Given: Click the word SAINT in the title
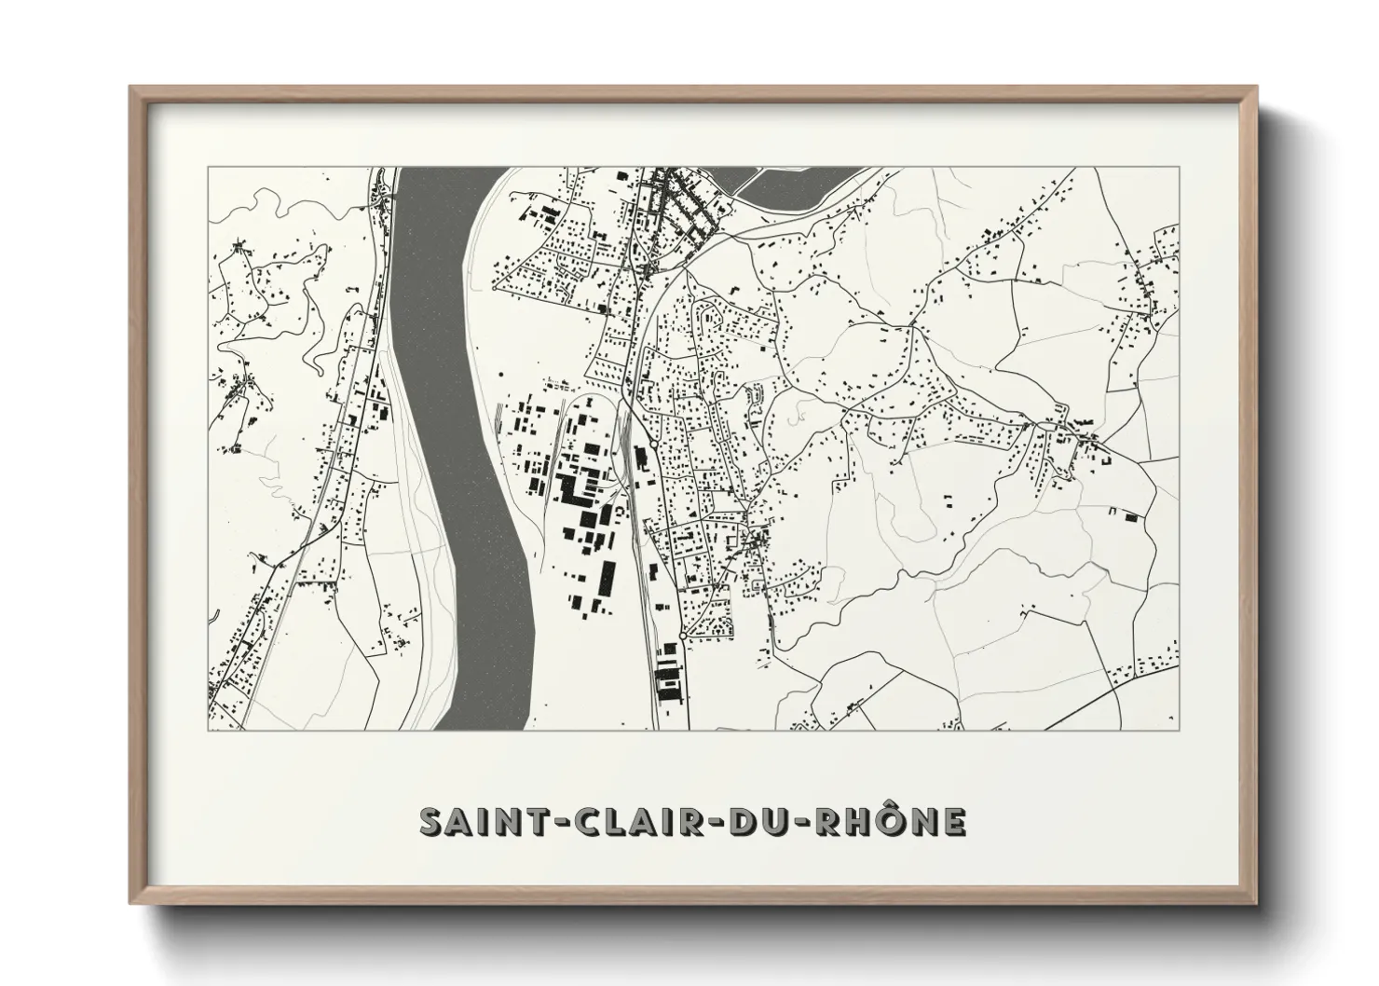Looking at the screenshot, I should pos(474,822).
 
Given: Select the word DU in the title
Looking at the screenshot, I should pos(739,822).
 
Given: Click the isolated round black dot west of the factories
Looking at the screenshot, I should pos(500,376).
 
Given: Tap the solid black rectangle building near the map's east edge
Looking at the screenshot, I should pos(1131,516).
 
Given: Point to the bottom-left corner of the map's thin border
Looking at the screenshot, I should pos(208,730).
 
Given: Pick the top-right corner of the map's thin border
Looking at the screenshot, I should pos(1181,168).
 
